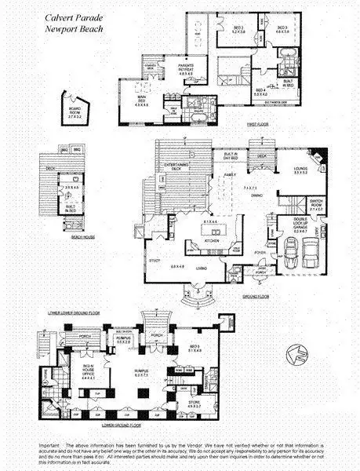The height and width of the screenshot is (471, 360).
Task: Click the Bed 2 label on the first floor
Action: click(x=239, y=29)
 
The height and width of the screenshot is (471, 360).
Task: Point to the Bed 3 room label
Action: click(x=282, y=29)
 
